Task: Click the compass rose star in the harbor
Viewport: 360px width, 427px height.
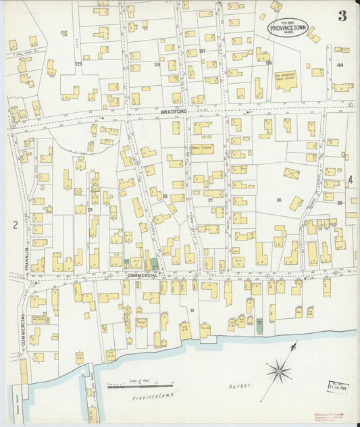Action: coord(277,370)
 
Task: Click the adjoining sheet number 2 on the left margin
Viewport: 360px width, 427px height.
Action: coord(14,225)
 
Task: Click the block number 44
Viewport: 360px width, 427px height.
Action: coord(340,65)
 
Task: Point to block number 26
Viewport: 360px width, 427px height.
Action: coord(278,200)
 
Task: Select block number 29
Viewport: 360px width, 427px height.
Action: coord(89,210)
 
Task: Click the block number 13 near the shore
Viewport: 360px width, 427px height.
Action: coord(192,310)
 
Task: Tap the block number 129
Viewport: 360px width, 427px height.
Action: coord(78,64)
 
